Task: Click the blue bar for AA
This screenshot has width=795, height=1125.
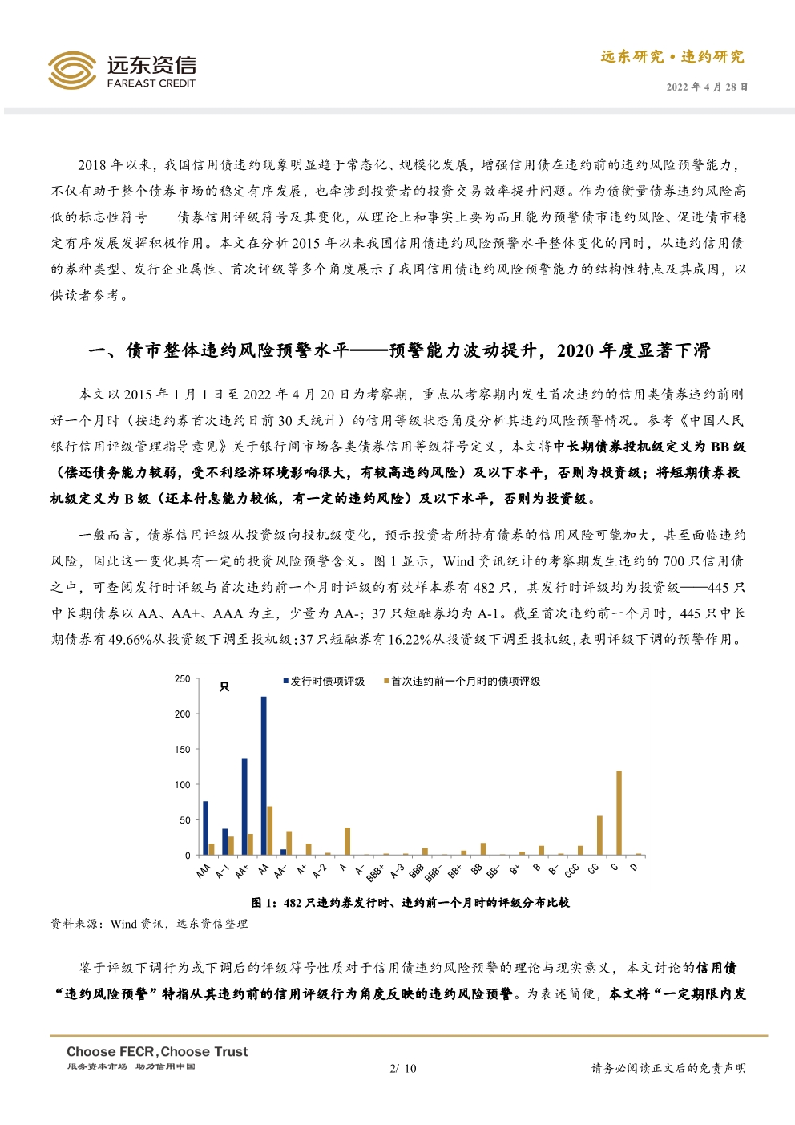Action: coord(264,775)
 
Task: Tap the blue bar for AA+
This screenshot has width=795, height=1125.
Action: coord(244,806)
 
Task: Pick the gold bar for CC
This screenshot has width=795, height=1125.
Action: coord(599,835)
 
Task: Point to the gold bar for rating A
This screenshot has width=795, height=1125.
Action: coord(347,840)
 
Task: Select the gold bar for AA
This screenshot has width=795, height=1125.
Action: coord(270,830)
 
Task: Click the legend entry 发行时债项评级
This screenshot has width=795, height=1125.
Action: coord(326,681)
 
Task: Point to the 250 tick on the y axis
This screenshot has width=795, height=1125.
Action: coord(182,679)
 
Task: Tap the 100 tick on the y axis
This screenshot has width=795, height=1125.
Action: coord(182,785)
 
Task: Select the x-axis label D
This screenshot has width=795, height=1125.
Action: coord(633,868)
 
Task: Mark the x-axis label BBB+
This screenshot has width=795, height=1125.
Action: coord(375,873)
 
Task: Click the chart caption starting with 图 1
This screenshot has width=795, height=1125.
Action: coord(410,903)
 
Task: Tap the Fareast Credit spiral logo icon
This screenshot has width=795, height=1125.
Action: coord(72,71)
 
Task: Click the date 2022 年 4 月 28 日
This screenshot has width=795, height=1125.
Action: coord(707,87)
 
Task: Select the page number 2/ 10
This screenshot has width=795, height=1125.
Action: coord(402,1068)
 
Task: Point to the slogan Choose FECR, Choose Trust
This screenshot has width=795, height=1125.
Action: coord(157,1051)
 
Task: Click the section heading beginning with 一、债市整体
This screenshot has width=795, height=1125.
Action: coord(398,350)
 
